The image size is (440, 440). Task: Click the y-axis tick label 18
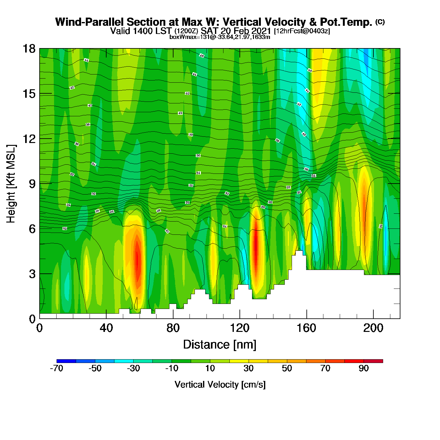[x=29, y=49]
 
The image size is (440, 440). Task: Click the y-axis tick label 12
[x=29, y=139]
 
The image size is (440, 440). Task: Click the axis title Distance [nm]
[x=220, y=345]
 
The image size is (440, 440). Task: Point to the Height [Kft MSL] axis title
[x=11, y=184]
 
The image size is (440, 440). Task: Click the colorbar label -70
[x=57, y=368]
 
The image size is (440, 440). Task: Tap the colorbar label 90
[x=364, y=368]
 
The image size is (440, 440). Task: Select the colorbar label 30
[x=249, y=368]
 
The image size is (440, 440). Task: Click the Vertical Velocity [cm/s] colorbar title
[x=220, y=385]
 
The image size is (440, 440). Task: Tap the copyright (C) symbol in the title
[x=380, y=22]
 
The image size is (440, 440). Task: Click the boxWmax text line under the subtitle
[x=220, y=37]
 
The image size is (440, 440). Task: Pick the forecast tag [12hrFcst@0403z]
[x=302, y=31]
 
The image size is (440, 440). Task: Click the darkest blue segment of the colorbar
[x=66, y=361]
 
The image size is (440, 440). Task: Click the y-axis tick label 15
[x=29, y=94]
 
